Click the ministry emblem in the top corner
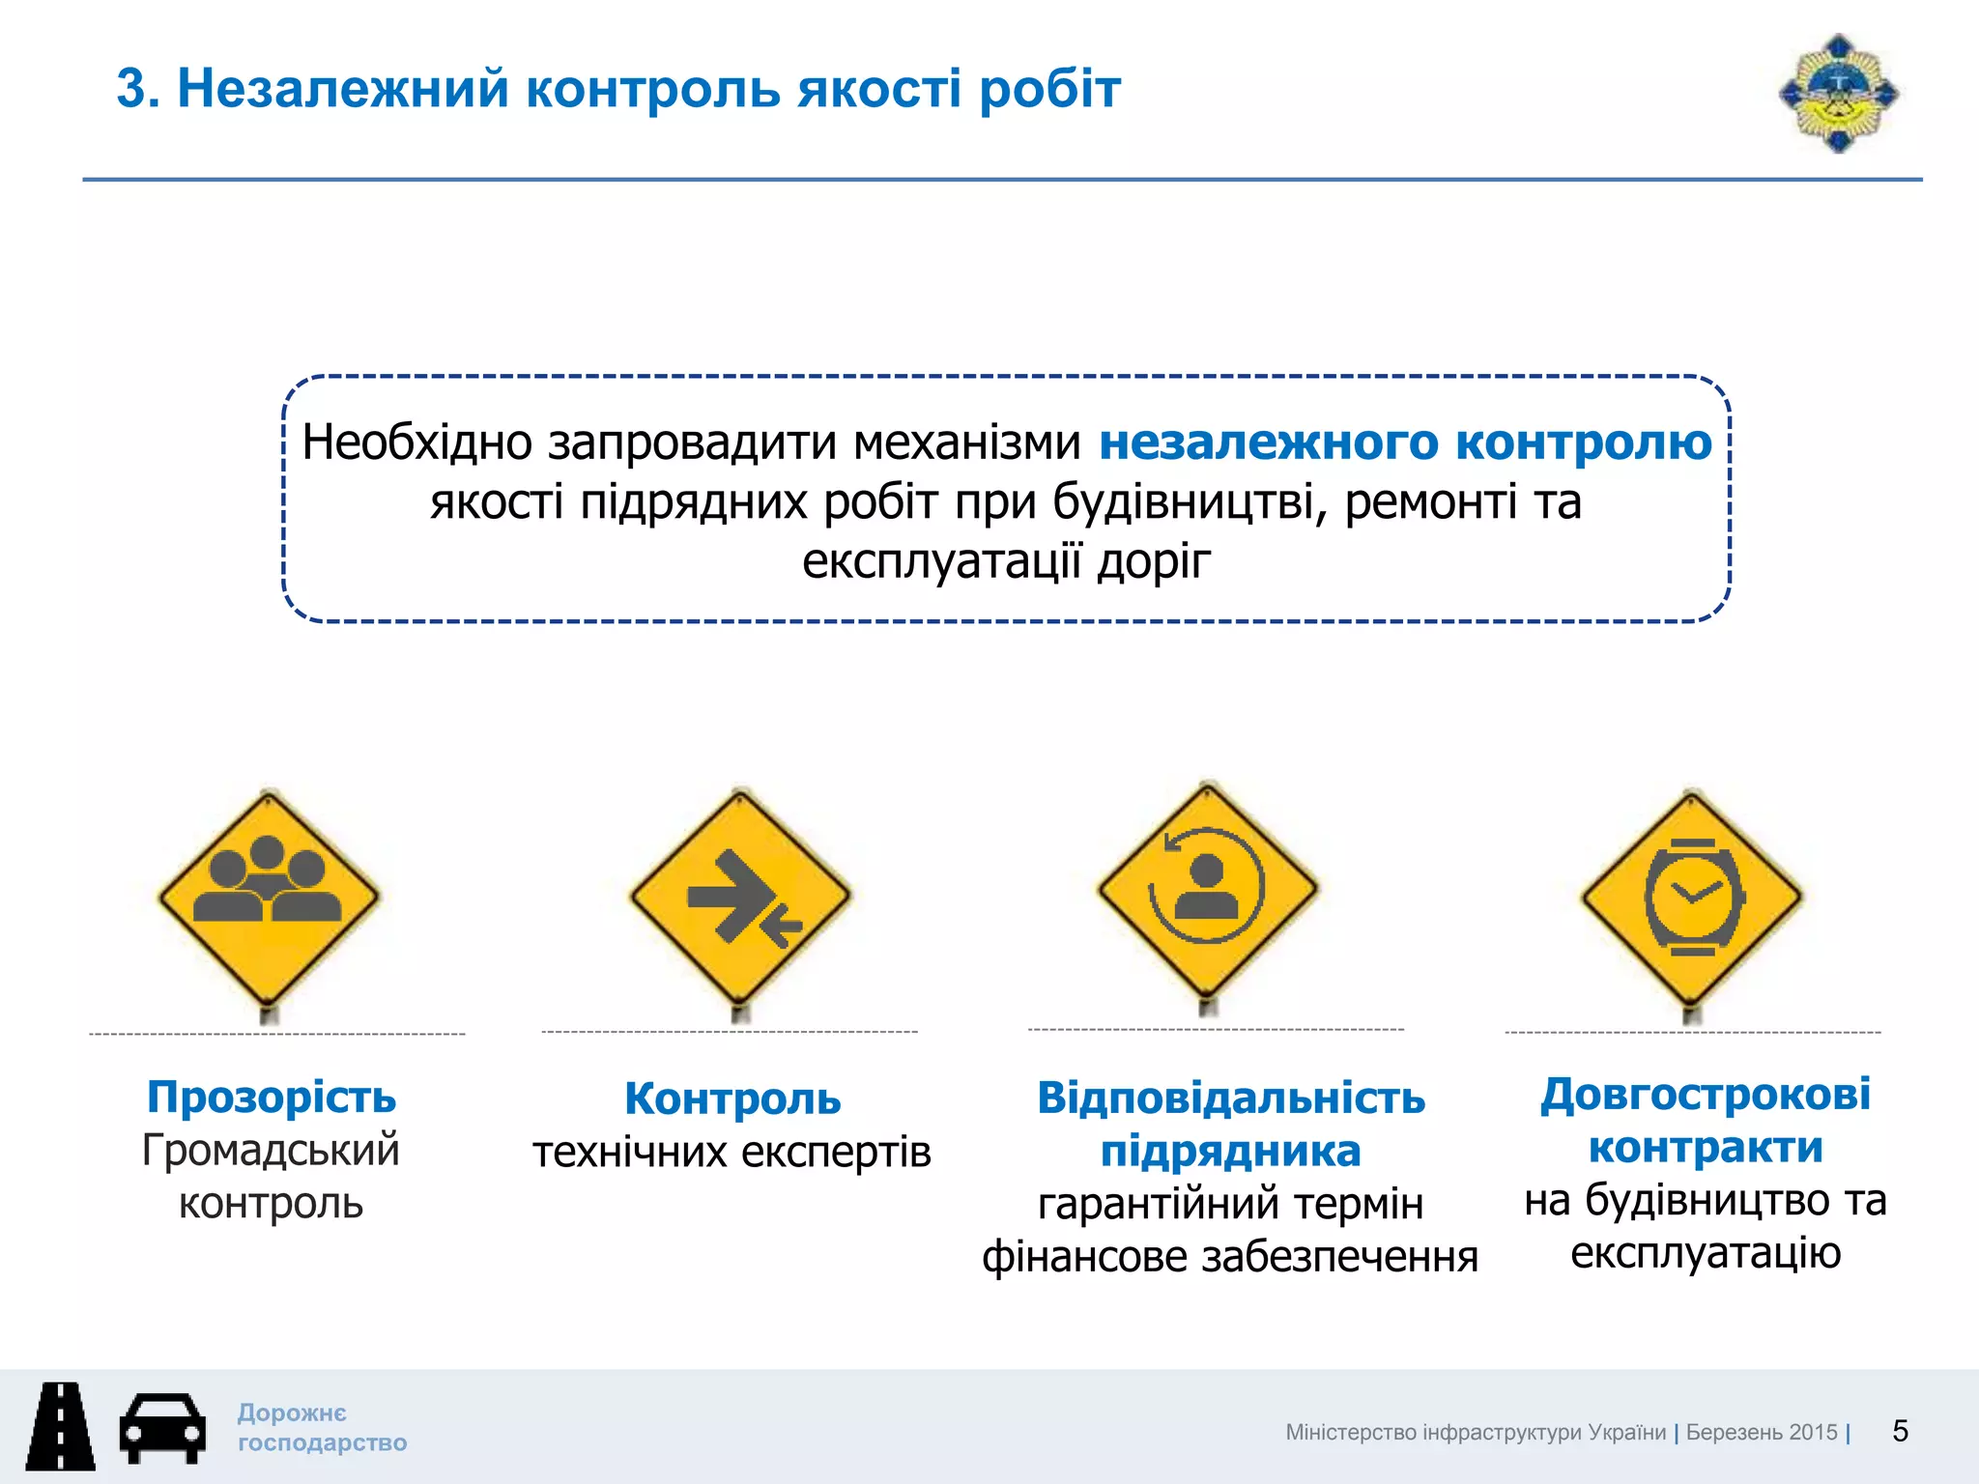1838,93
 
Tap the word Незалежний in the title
342,89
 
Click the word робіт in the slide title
1049,89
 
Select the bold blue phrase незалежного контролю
1405,442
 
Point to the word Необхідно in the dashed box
416,442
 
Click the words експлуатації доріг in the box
1005,561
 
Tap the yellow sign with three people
269,895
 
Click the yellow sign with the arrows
740,895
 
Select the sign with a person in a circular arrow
1207,887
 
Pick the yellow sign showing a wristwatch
1692,895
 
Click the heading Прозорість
272,1098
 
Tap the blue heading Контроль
732,1099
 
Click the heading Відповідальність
1231,1099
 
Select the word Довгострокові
1706,1095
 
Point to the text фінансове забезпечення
1230,1257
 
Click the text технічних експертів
731,1152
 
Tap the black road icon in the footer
60,1426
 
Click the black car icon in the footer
162,1428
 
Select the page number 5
1900,1431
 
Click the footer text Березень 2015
1761,1432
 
